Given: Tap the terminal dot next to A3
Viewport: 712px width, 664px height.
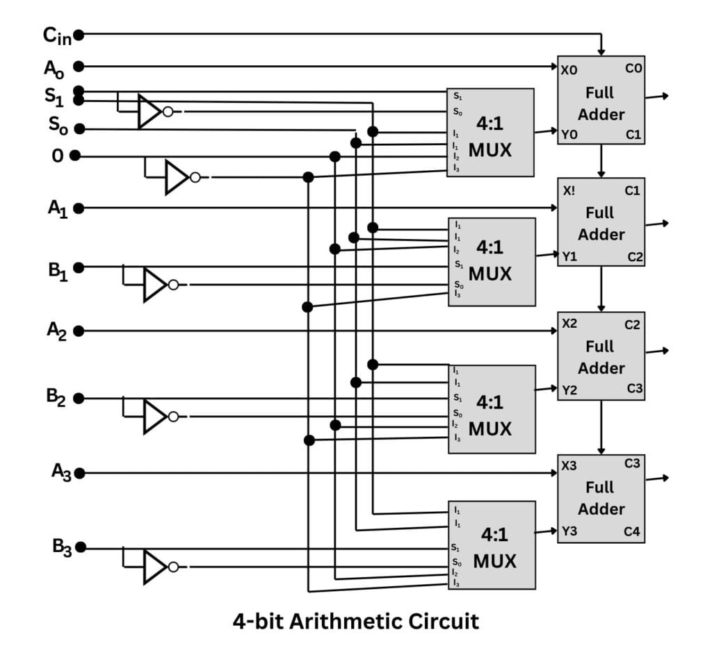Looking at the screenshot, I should coord(80,473).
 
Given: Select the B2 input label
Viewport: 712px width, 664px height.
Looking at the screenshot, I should coord(55,397).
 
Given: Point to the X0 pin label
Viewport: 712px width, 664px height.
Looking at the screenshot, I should coord(569,69).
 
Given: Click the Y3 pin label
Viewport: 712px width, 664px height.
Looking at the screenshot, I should coord(569,533).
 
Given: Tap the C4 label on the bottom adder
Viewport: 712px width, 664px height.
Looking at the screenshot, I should coord(632,533).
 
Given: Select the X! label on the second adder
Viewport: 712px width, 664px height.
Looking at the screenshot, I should coord(569,190).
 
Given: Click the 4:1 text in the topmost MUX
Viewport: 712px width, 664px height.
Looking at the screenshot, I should coord(490,123).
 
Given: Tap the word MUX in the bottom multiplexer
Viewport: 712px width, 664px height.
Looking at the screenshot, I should coord(495,561).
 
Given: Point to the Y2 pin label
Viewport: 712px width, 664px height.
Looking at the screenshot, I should coord(569,390).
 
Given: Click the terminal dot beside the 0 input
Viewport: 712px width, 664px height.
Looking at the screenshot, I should coord(75,156).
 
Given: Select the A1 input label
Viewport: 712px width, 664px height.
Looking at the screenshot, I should coord(57,208).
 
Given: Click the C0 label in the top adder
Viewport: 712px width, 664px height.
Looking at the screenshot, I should coord(633,68).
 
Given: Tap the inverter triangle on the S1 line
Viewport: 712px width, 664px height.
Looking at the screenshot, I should coord(149,111).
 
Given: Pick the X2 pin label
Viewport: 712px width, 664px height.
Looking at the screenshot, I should coord(569,324).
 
